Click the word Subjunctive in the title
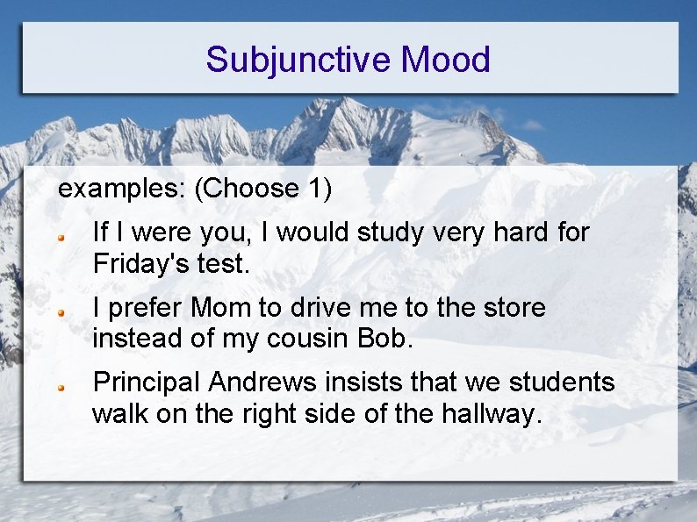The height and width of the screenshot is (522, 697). pyautogui.click(x=298, y=60)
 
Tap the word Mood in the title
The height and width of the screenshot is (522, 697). pyautogui.click(x=445, y=60)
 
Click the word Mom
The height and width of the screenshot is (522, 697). pyautogui.click(x=219, y=308)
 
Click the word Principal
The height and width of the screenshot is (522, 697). pyautogui.click(x=147, y=383)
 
